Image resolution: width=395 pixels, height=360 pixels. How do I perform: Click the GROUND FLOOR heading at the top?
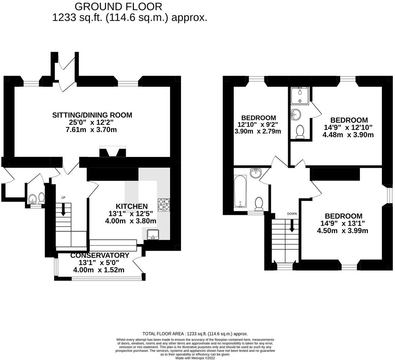tap(118, 6)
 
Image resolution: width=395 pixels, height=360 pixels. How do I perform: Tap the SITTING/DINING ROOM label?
tap(92, 115)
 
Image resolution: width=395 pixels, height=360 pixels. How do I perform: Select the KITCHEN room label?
tap(132, 206)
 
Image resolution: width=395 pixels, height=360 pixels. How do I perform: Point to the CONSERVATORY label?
tap(99, 255)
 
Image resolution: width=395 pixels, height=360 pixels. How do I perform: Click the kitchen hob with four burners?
tap(164, 205)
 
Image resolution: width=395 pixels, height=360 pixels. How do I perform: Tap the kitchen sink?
tap(153, 234)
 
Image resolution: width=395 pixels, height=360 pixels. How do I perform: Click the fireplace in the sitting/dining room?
tap(112, 152)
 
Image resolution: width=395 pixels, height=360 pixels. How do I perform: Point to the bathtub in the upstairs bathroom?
tap(240, 192)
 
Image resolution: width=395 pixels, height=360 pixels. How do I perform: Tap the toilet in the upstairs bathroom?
tap(259, 204)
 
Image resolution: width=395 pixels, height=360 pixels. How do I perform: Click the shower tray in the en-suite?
tap(300, 96)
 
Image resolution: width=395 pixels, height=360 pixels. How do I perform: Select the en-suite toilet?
tap(300, 132)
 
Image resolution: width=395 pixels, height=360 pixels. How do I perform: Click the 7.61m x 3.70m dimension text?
tap(92, 130)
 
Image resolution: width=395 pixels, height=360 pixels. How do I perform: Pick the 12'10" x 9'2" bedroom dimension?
tap(258, 124)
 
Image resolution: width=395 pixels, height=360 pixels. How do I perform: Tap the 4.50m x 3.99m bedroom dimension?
tap(342, 231)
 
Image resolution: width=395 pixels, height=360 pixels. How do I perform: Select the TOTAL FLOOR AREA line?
tap(195, 334)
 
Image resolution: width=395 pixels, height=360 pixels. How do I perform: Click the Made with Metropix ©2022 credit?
tap(195, 358)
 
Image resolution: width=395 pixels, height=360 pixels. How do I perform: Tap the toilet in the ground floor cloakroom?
tap(41, 198)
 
